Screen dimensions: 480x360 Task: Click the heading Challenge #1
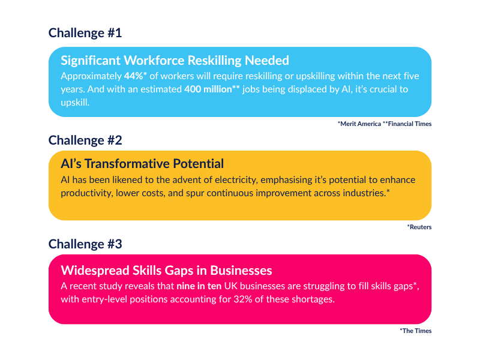[x=85, y=33]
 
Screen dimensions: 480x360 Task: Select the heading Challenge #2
[x=85, y=140]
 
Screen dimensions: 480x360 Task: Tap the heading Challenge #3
[x=85, y=244]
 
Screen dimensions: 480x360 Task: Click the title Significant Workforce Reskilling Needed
[x=175, y=61]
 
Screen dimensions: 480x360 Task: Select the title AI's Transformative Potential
[x=142, y=164]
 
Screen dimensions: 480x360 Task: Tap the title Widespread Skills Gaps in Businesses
[x=166, y=271]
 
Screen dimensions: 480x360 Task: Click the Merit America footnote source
[x=359, y=124]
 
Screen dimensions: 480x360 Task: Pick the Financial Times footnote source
[x=407, y=124]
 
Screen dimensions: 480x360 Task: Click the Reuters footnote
[x=419, y=227]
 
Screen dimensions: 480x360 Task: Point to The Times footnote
[x=416, y=331]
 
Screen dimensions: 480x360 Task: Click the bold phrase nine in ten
[x=199, y=286]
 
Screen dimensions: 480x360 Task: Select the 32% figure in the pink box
[x=243, y=299]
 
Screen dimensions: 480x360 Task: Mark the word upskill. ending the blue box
[x=75, y=103]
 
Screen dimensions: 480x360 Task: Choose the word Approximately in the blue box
[x=91, y=77]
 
